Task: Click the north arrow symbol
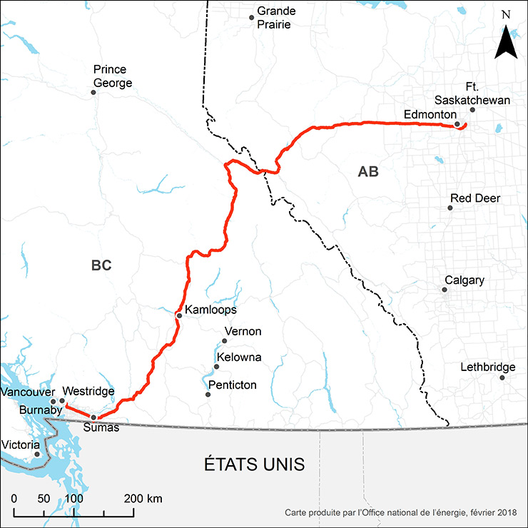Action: [505, 42]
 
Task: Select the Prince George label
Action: [112, 76]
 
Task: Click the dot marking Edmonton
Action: [457, 124]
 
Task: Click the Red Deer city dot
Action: [450, 208]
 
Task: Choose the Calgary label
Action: [464, 280]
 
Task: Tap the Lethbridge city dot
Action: [502, 377]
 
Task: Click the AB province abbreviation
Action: [368, 172]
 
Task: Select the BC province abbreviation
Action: [102, 265]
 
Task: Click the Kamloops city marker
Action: [178, 315]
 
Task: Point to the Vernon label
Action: [243, 332]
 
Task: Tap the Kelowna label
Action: [239, 357]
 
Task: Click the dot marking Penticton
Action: [208, 394]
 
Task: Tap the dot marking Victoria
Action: [38, 454]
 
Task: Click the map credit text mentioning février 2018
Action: [401, 513]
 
